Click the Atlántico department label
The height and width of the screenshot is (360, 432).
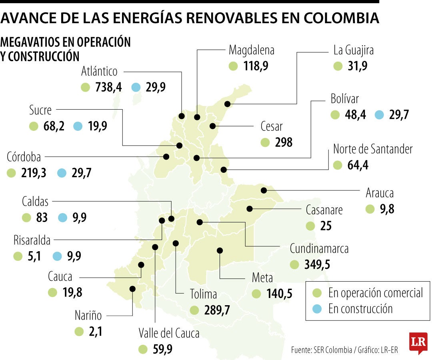(99, 72)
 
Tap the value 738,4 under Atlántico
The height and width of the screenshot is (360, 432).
(108, 87)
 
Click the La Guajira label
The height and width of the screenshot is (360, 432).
(354, 51)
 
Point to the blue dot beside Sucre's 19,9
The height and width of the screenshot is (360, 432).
(78, 126)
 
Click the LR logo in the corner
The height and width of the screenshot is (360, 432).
(418, 342)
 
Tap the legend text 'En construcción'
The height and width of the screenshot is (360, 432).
(360, 309)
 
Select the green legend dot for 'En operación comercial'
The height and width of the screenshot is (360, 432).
(318, 293)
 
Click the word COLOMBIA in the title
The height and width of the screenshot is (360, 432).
(341, 18)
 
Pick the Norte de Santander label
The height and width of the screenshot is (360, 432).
(373, 150)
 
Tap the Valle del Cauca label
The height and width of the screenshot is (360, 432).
(169, 333)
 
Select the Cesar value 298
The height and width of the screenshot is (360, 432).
(284, 142)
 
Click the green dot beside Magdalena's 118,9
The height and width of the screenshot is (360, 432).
(233, 66)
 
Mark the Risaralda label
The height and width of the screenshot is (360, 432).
(32, 241)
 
